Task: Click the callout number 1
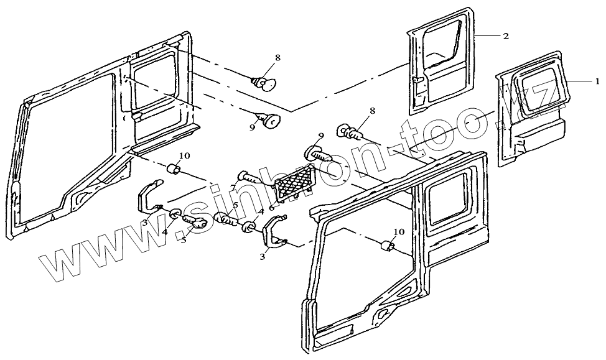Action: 597,81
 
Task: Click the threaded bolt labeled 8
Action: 350,131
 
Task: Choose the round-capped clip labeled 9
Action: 269,121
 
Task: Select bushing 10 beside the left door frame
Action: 174,169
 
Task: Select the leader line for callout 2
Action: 489,37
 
